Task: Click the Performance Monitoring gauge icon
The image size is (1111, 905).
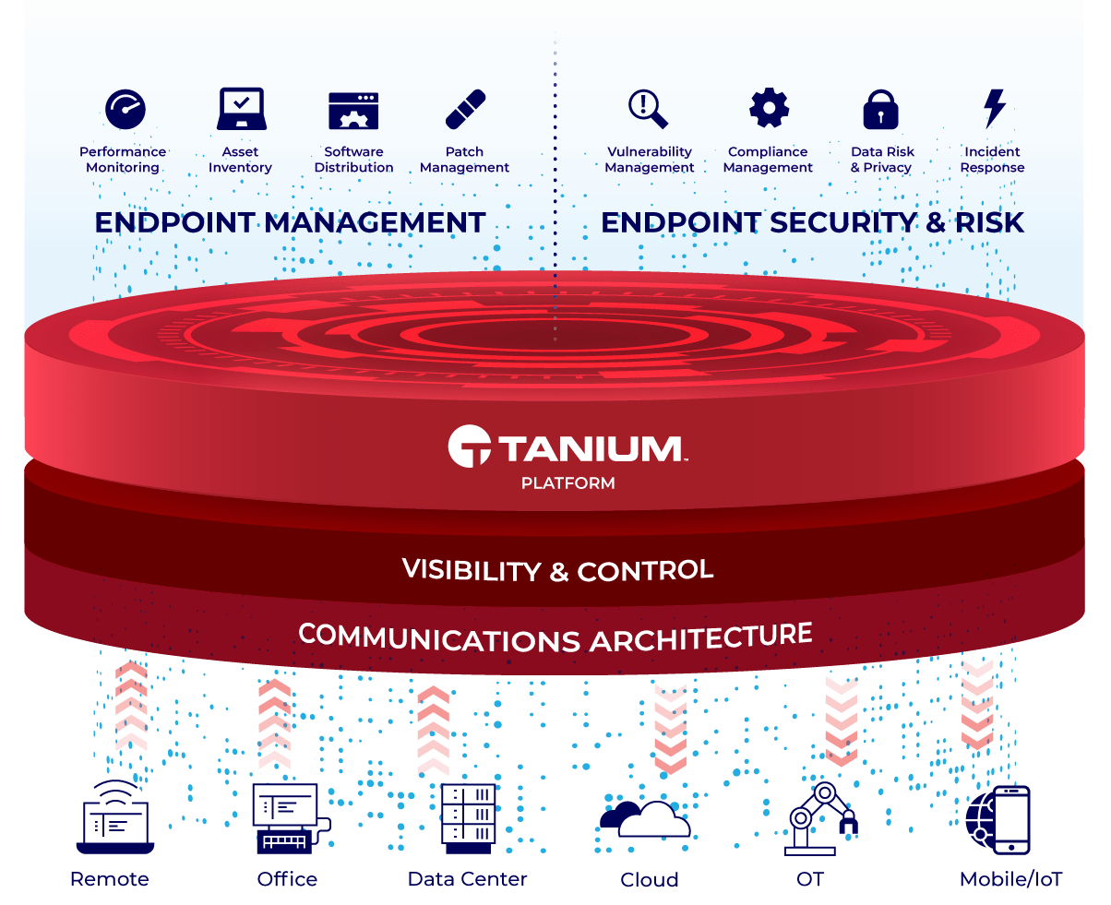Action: coord(125,110)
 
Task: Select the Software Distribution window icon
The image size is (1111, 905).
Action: coord(353,110)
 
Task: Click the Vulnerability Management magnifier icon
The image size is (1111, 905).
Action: coord(649,108)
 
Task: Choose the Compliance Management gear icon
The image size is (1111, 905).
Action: coord(768,108)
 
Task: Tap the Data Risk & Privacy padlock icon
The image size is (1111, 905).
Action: coord(880,109)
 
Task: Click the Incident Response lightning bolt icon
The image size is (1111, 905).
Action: coord(994,108)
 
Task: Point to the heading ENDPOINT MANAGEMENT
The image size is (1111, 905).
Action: coord(290,222)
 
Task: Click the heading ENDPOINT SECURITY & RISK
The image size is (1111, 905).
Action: coord(813,222)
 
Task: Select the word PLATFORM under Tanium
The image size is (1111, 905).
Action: coord(567,482)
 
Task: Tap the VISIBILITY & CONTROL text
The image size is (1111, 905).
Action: coord(557,570)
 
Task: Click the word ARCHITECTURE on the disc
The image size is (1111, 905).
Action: coord(701,637)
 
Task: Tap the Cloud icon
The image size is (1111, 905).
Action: coord(646,818)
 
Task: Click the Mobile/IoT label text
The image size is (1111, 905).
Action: coord(1010,879)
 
